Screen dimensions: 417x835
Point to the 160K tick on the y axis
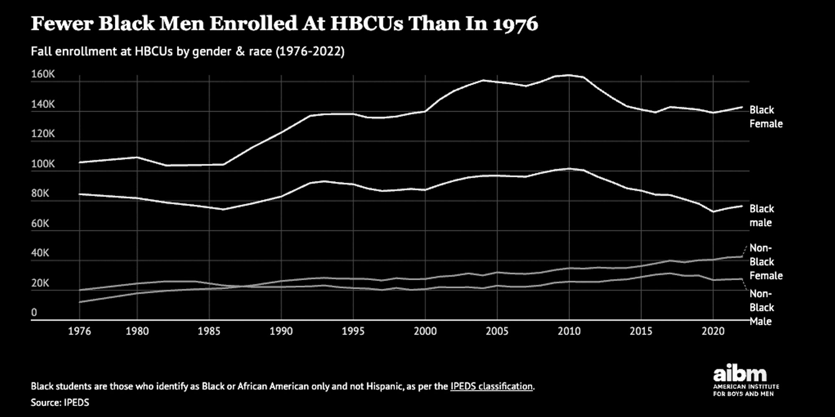[43, 74]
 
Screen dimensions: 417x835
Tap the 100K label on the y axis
[43, 164]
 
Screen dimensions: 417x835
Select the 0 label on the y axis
[34, 312]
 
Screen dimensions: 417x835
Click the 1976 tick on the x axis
[79, 331]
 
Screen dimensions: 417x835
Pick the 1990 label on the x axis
[281, 331]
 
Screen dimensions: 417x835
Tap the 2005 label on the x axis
[497, 331]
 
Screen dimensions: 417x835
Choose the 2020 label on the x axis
[713, 331]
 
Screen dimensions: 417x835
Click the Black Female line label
[765, 117]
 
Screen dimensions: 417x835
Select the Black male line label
[762, 216]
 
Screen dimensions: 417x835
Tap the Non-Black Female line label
[765, 262]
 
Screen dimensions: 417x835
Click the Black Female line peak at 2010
[569, 75]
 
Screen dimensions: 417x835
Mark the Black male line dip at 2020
[713, 211]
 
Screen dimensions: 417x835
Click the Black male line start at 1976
[80, 194]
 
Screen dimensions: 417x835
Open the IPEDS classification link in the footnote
[491, 386]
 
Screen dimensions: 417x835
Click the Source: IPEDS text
[60, 402]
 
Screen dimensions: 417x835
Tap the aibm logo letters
[739, 373]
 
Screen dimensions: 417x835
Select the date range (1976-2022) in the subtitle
[310, 51]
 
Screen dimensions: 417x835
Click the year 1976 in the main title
[515, 24]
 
